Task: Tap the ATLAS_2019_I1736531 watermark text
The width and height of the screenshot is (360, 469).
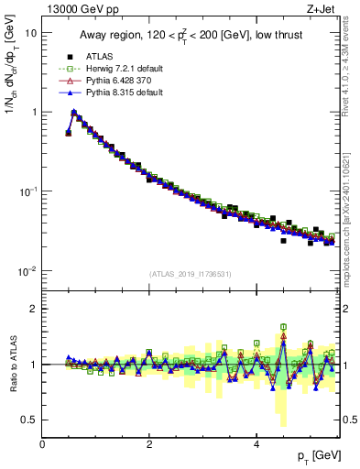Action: (191, 274)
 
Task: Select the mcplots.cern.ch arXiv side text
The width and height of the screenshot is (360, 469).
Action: (350, 211)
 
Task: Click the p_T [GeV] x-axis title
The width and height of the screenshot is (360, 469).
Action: (316, 455)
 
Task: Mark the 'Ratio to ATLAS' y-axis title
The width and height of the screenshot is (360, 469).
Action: (12, 365)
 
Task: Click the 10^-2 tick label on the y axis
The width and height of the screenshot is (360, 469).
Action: (27, 271)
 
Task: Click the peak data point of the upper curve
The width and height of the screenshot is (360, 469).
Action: (74, 114)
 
